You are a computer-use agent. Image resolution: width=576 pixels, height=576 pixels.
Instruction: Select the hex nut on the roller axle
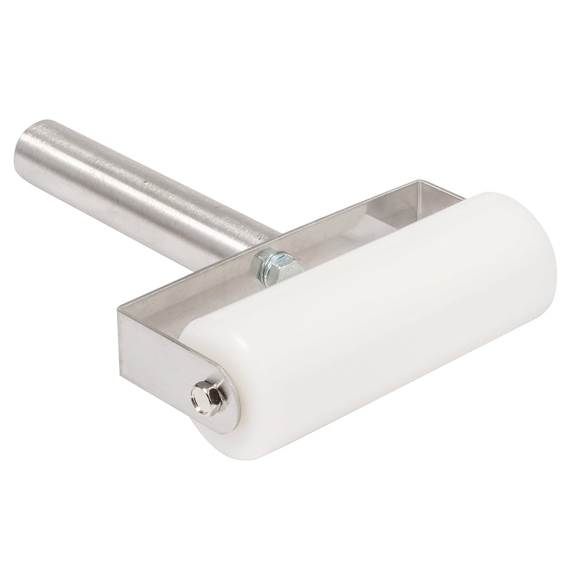pos(203,397)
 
